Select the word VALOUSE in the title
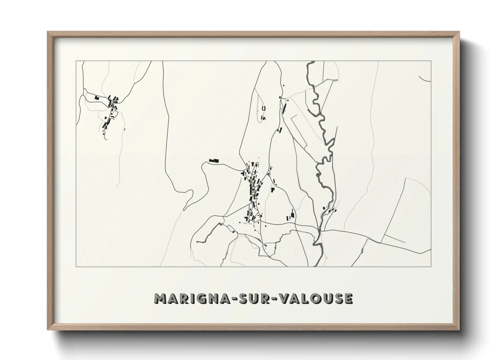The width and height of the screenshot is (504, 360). [x=316, y=298]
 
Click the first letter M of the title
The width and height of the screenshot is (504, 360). [x=160, y=298]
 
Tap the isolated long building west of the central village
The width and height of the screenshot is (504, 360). [x=214, y=160]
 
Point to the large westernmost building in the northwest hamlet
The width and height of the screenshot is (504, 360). [x=97, y=98]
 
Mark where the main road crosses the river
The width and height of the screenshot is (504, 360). [x=320, y=231]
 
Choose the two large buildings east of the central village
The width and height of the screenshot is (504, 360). [x=292, y=214]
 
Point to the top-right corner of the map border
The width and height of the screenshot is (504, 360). [x=431, y=61]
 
